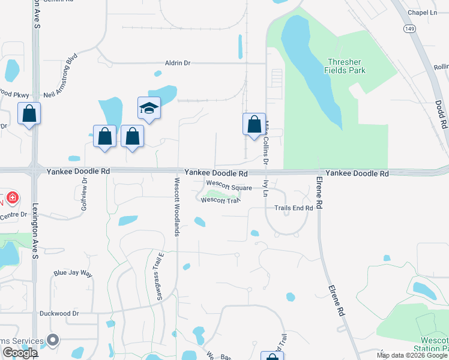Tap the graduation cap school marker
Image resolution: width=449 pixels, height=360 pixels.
coord(149,108)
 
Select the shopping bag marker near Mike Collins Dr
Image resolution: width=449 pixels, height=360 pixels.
coord(254,125)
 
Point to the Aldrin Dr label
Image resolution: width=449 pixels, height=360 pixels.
coord(178,63)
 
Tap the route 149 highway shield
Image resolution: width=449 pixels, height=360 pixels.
coord(409,28)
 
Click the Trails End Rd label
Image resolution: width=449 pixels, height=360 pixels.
coord(294,208)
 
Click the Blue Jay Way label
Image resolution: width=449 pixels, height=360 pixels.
coord(73,274)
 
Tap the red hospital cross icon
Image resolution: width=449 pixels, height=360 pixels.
coord(13,197)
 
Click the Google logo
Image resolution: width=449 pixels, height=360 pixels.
coord(20,353)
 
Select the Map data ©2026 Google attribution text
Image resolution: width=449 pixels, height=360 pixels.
coord(412,355)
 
